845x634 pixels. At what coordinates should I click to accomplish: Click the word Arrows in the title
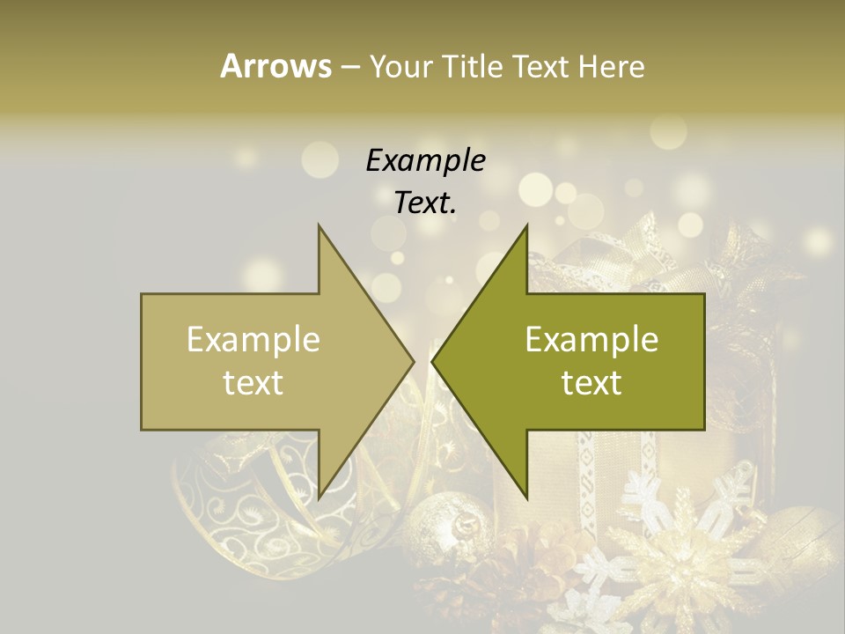[x=276, y=66]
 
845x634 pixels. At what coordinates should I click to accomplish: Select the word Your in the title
[x=399, y=67]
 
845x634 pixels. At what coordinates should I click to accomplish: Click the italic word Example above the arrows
[x=425, y=160]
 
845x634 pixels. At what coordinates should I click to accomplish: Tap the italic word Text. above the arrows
[x=425, y=203]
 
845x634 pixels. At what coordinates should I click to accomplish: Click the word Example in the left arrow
[x=253, y=340]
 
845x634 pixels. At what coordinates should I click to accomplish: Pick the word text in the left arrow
[x=253, y=383]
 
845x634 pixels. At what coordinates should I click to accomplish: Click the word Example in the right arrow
[x=591, y=340]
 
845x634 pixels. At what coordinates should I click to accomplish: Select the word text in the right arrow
[x=591, y=383]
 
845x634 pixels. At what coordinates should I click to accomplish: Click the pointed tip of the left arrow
[x=414, y=362]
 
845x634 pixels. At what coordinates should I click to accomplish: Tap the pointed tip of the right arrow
[x=432, y=362]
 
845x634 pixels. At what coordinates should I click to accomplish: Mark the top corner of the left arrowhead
[x=320, y=225]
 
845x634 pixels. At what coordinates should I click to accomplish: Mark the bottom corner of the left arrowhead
[x=320, y=498]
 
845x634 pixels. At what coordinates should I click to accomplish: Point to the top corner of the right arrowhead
[x=526, y=225]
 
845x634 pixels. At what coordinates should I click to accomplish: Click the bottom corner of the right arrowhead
[x=526, y=498]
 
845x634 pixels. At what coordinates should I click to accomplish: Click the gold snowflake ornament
[x=678, y=555]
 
